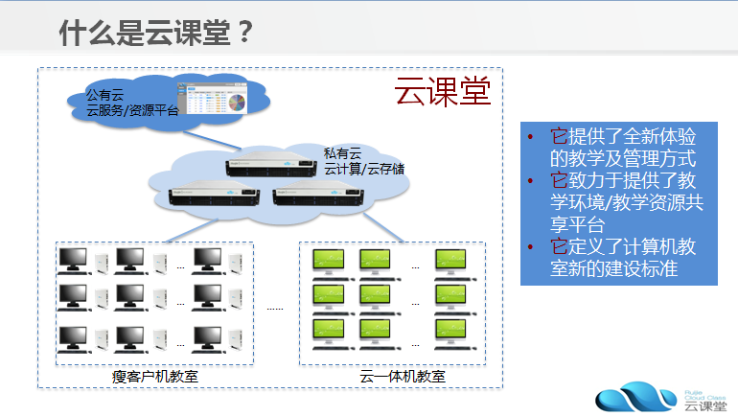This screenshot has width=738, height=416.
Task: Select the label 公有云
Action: (x=105, y=95)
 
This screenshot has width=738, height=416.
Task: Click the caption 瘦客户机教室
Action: (x=155, y=376)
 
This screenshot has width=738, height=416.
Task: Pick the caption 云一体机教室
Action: (x=403, y=376)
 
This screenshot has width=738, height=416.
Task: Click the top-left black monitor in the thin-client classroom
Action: (x=73, y=259)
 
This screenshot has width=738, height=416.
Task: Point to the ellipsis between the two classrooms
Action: (x=275, y=309)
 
